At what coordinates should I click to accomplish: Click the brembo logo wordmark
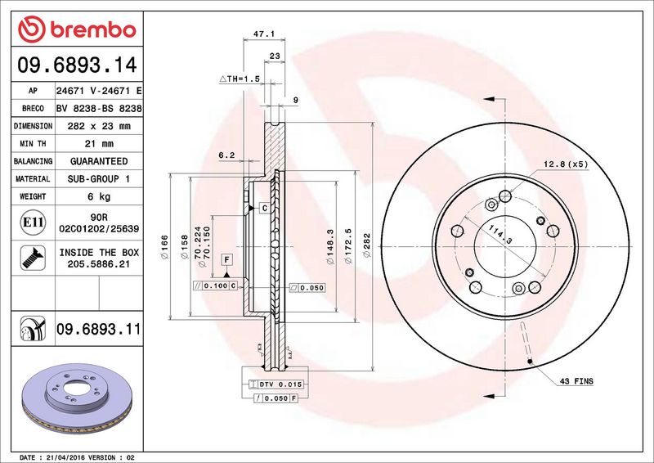93,30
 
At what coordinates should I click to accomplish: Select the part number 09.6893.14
77,65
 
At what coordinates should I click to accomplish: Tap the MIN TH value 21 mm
99,144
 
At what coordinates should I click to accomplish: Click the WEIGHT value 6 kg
99,196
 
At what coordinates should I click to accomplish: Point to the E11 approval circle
33,223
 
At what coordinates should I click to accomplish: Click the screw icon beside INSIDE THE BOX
33,258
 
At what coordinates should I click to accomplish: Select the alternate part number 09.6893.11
98,329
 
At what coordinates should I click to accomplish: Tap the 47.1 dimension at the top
264,34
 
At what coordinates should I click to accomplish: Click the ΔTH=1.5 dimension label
240,79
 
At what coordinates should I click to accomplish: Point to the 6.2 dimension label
226,155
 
